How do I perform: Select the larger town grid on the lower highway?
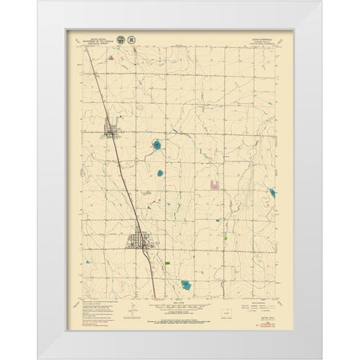[139, 241]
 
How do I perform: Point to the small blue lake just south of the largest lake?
[160, 173]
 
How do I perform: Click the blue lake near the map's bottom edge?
[185, 284]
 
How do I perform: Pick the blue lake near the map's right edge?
[271, 193]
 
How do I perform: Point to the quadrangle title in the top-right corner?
[265, 35]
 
